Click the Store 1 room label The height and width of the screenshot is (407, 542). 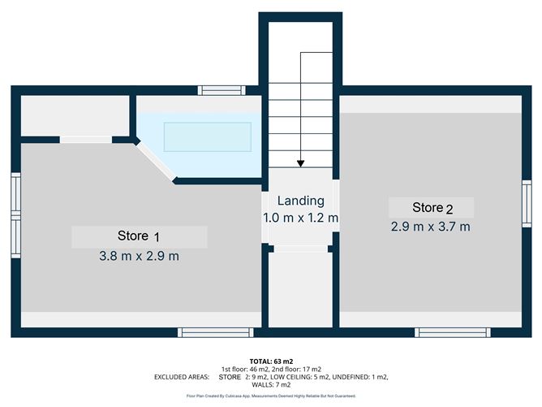pyautogui.click(x=139, y=236)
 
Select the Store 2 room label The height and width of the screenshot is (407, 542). pyautogui.click(x=431, y=207)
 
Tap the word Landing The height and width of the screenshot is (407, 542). pyautogui.click(x=300, y=201)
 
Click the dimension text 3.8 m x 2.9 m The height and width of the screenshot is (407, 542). pyautogui.click(x=139, y=257)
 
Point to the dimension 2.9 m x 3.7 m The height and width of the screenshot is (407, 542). pyautogui.click(x=431, y=227)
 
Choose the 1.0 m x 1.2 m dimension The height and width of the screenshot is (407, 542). pyautogui.click(x=300, y=219)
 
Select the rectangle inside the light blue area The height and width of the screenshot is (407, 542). pyautogui.click(x=207, y=136)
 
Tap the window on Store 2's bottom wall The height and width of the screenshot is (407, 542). pyautogui.click(x=452, y=331)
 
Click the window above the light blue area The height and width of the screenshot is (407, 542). pyautogui.click(x=222, y=90)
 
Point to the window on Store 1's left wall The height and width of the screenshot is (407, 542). pyautogui.click(x=15, y=215)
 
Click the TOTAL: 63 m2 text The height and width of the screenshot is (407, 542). pyautogui.click(x=271, y=360)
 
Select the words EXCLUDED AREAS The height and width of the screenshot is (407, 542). pyautogui.click(x=180, y=378)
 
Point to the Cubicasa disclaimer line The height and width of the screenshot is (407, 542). pyautogui.click(x=271, y=396)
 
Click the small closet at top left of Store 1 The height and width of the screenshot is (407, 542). pyautogui.click(x=75, y=115)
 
